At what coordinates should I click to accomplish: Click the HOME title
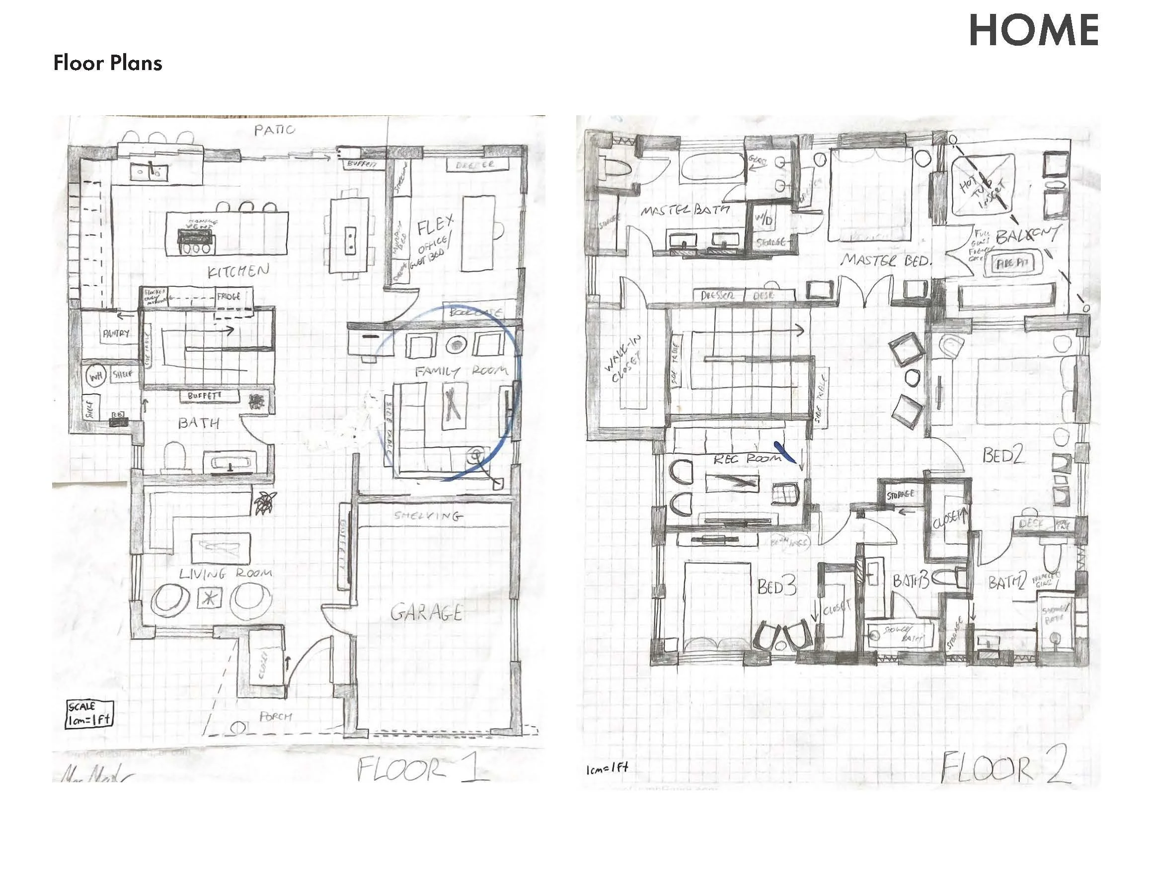[1033, 31]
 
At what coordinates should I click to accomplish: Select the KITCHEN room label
[238, 271]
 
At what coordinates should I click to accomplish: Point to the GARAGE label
[427, 612]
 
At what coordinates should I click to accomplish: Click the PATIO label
[275, 130]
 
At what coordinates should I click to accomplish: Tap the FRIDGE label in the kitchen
[229, 297]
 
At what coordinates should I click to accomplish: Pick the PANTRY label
[116, 334]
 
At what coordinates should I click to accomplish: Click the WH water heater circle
[96, 376]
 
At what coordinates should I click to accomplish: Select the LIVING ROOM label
[226, 573]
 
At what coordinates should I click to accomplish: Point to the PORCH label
[276, 716]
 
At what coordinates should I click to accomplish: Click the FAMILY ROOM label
[461, 371]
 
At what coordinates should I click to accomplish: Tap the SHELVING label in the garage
[428, 516]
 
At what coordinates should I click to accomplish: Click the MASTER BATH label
[685, 210]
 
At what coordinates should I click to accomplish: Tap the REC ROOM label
[747, 459]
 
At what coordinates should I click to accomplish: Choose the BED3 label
[776, 587]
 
